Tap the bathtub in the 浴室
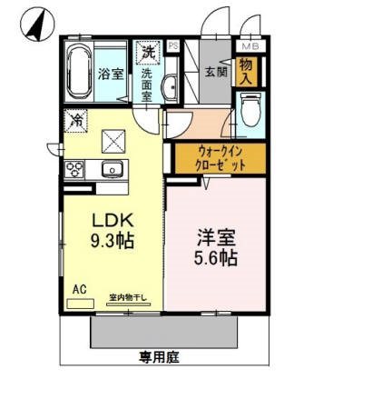(x=78, y=73)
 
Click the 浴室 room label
(x=111, y=74)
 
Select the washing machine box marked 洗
(x=147, y=53)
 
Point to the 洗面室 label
(x=146, y=87)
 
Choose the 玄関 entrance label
(x=215, y=72)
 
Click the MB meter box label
(x=249, y=45)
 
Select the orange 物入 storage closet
(x=246, y=70)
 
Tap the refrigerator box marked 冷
(x=76, y=118)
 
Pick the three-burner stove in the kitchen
(x=75, y=169)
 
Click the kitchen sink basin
(x=114, y=169)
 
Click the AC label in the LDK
(x=80, y=288)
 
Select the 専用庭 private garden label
(x=159, y=357)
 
